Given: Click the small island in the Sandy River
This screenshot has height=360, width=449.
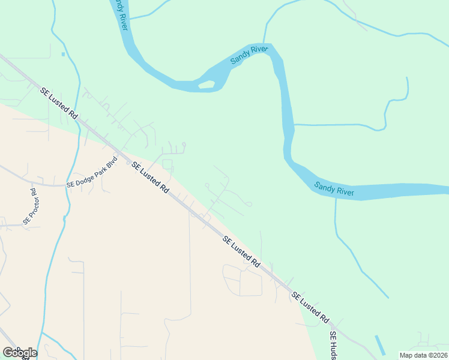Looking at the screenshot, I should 206,84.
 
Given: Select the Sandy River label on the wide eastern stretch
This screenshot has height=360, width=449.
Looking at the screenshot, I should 334,190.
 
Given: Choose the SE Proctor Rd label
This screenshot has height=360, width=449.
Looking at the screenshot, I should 30,207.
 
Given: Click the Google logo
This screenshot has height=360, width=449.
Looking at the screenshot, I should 20,352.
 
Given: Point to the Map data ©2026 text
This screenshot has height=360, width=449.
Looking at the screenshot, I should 423,355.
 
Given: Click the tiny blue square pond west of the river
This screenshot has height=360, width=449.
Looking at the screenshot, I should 63,55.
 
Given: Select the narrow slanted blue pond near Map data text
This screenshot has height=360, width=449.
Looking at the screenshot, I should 380,344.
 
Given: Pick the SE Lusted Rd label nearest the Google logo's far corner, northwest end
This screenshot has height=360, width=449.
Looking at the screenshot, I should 59,103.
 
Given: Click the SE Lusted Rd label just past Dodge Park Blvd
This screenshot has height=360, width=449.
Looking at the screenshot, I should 150,177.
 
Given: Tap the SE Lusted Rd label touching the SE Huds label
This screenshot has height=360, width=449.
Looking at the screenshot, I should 311,306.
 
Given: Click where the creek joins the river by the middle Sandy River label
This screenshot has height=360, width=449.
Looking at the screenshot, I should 265,44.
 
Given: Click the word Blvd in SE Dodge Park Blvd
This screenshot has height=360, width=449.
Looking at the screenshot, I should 110,163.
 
